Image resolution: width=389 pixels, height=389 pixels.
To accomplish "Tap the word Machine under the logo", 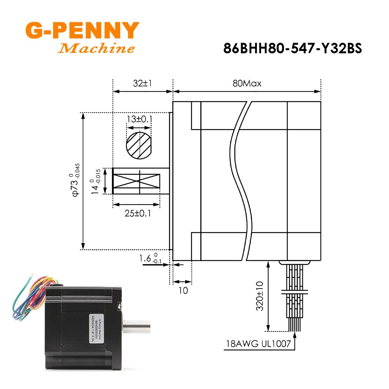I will click(96, 49).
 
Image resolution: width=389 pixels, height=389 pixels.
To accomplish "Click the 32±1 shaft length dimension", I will click(142, 84).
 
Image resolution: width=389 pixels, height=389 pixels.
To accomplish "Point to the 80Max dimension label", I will click(247, 84).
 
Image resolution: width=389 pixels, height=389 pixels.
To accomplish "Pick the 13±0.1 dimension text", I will click(139, 119).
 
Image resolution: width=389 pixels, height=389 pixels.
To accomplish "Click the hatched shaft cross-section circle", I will click(139, 145).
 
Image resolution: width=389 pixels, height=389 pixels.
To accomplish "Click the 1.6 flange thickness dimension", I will click(150, 258).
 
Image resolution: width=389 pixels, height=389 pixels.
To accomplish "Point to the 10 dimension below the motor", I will click(182, 290).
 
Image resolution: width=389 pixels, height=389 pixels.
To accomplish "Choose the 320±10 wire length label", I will click(259, 297).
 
